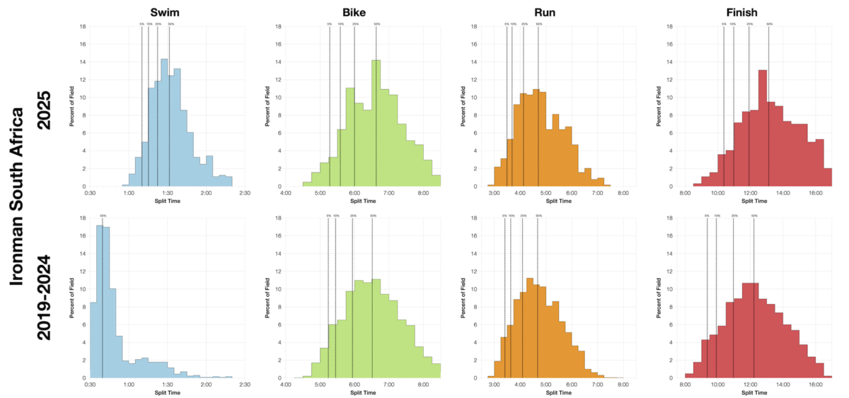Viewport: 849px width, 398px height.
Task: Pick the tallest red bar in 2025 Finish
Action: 762,128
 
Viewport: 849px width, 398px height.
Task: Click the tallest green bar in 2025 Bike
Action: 376,123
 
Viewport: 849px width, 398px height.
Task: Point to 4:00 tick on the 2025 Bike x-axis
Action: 286,192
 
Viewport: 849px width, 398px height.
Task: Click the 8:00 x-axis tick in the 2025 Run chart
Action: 623,192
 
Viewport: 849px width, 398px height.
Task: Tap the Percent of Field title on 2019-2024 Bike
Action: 267,297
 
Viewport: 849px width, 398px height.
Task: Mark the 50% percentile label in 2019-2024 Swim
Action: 103,216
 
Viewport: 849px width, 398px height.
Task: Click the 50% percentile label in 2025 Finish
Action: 769,24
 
